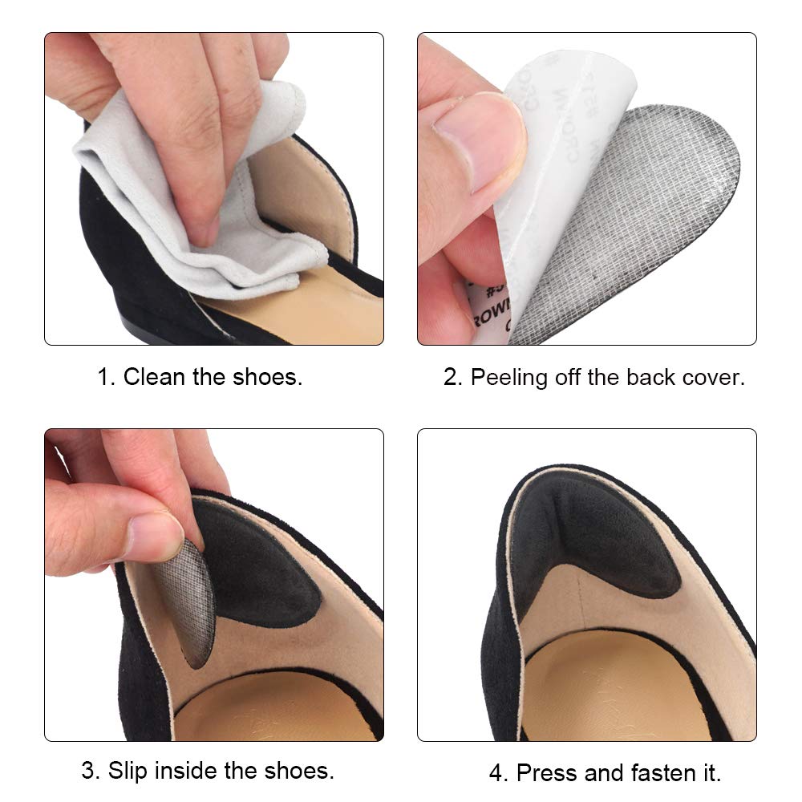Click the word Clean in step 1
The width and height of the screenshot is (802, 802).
point(154,377)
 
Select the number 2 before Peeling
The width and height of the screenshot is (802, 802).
point(452,377)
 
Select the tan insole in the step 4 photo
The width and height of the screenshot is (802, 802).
point(610,690)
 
